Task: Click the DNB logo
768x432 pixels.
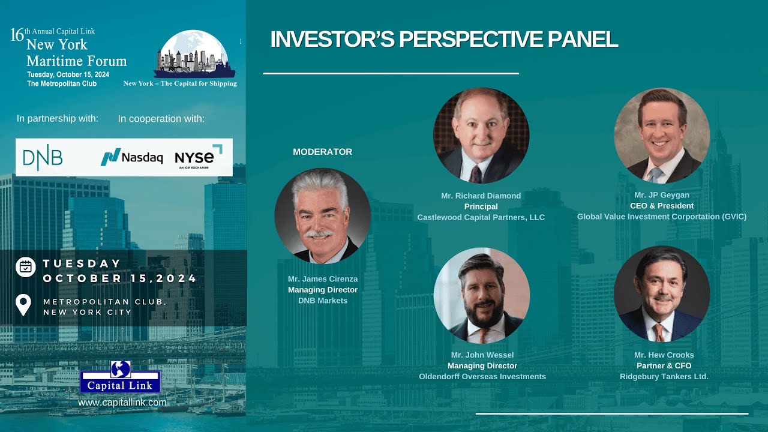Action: (43, 157)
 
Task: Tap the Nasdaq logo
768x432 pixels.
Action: (131, 157)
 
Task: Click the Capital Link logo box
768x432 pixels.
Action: (120, 377)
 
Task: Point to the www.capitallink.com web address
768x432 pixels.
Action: (122, 403)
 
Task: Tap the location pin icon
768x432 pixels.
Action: (23, 305)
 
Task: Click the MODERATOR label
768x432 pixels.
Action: (322, 152)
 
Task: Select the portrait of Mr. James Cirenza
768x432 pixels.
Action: (322, 216)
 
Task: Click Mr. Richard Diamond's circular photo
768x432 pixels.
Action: (481, 136)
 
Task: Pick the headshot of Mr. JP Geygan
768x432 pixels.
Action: (662, 136)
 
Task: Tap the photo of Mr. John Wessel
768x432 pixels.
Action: (482, 295)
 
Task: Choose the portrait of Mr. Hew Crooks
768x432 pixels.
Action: (662, 294)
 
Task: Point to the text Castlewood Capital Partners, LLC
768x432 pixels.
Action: (481, 217)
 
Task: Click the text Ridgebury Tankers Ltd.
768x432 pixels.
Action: (664, 377)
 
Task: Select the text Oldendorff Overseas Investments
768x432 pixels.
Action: (482, 377)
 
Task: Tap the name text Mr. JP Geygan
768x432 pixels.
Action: (662, 196)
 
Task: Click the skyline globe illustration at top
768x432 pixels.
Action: (194, 54)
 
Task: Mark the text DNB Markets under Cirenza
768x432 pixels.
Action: (323, 301)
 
